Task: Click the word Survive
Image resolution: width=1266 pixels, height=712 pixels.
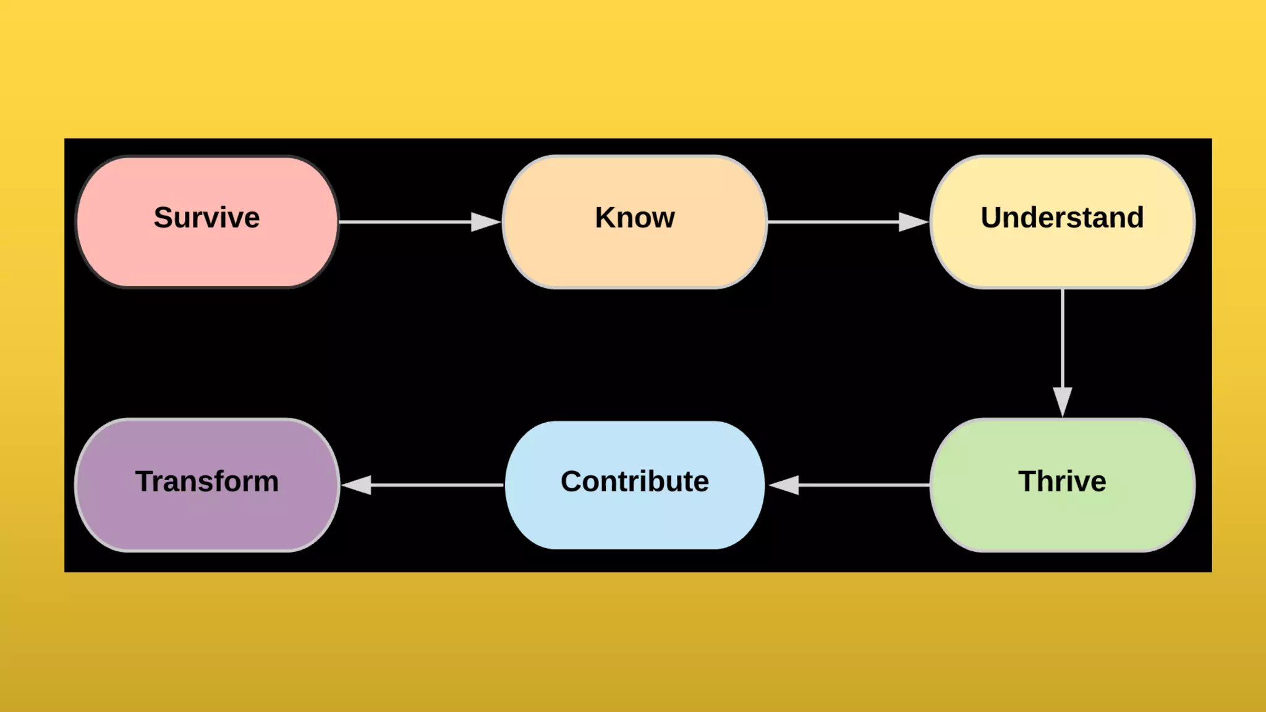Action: point(207,218)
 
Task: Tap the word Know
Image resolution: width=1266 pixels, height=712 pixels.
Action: point(635,218)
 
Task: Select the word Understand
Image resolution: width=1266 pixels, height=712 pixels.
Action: point(1062,218)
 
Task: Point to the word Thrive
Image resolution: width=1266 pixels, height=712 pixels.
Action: point(1062,481)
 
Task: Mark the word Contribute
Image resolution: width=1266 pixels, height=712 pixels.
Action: point(635,481)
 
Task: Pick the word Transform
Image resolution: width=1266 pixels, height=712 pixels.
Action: point(207,481)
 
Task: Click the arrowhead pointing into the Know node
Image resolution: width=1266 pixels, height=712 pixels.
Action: point(486,222)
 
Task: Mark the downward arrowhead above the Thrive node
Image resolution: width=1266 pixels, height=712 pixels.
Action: point(1062,401)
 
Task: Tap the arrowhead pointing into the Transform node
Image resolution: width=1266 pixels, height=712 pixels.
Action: point(357,485)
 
